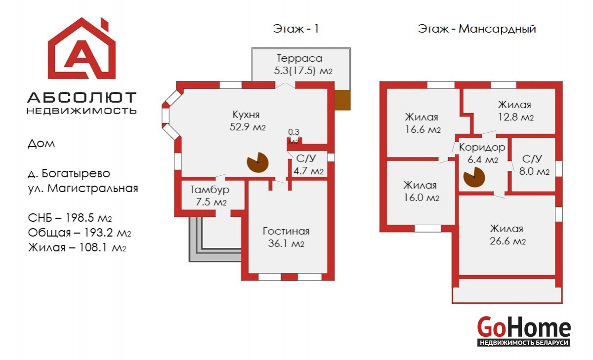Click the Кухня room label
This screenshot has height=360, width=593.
tap(246, 115)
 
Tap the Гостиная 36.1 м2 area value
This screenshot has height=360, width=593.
tap(286, 243)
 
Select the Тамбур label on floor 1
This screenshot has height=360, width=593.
tap(210, 190)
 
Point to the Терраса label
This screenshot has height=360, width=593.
tap(299, 58)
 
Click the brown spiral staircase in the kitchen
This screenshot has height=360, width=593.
tap(257, 162)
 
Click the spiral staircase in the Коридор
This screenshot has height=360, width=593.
tap(474, 177)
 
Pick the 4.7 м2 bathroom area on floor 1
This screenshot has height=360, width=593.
tap(308, 171)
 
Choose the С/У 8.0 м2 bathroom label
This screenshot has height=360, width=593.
tap(534, 165)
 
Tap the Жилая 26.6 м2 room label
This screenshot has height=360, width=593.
tap(507, 235)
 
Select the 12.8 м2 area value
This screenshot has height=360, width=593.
tap(516, 117)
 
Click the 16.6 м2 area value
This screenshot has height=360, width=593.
tap(423, 129)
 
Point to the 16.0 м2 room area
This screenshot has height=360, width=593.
tap(421, 198)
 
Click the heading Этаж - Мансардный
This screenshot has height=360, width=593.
tap(477, 29)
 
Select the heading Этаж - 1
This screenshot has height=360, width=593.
tap(296, 29)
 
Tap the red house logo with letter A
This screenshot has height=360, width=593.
tap(82, 48)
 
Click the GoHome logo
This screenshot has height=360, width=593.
tap(524, 331)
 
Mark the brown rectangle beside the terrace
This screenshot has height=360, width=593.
tap(342, 100)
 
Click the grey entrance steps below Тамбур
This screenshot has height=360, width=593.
tap(214, 240)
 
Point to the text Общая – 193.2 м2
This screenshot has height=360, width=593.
tap(80, 233)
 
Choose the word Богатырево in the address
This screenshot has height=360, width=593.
tap(76, 174)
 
